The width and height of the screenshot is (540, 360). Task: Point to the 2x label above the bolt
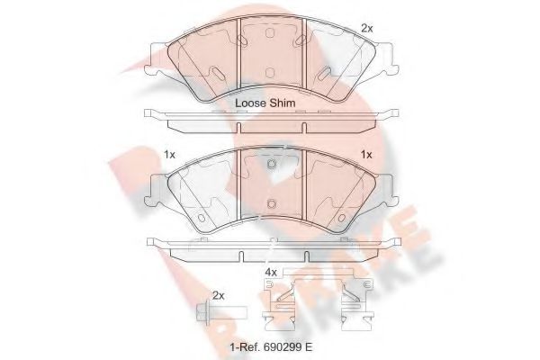tap(217, 295)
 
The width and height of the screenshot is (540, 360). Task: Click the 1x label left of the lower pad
tap(169, 155)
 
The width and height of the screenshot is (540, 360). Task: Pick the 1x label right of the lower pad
tap(366, 155)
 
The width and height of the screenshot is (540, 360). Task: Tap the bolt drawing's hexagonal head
tap(203, 314)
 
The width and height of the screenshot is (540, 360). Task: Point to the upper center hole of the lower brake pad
tap(270, 165)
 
